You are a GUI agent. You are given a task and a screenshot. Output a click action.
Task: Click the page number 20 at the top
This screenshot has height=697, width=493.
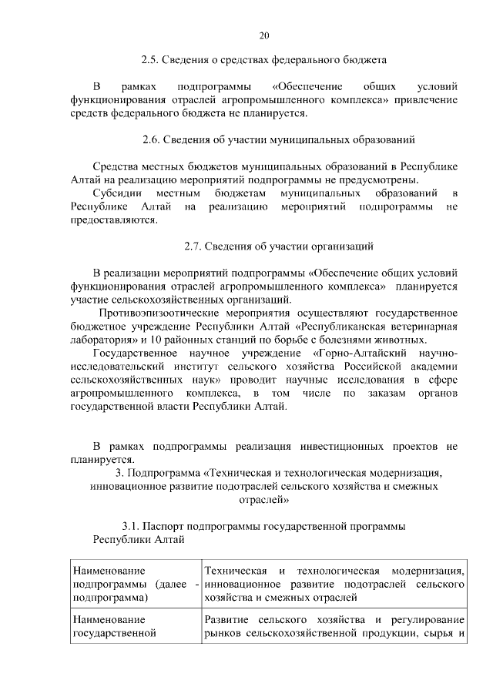pyautogui.click(x=264, y=35)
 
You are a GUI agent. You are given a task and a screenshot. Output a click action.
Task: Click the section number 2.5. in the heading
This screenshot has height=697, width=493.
pyautogui.click(x=151, y=59)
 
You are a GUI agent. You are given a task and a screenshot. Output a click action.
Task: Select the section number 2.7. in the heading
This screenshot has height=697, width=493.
pyautogui.click(x=193, y=246)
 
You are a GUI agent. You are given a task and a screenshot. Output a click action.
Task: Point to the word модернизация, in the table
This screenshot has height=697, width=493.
pyautogui.click(x=428, y=571)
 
